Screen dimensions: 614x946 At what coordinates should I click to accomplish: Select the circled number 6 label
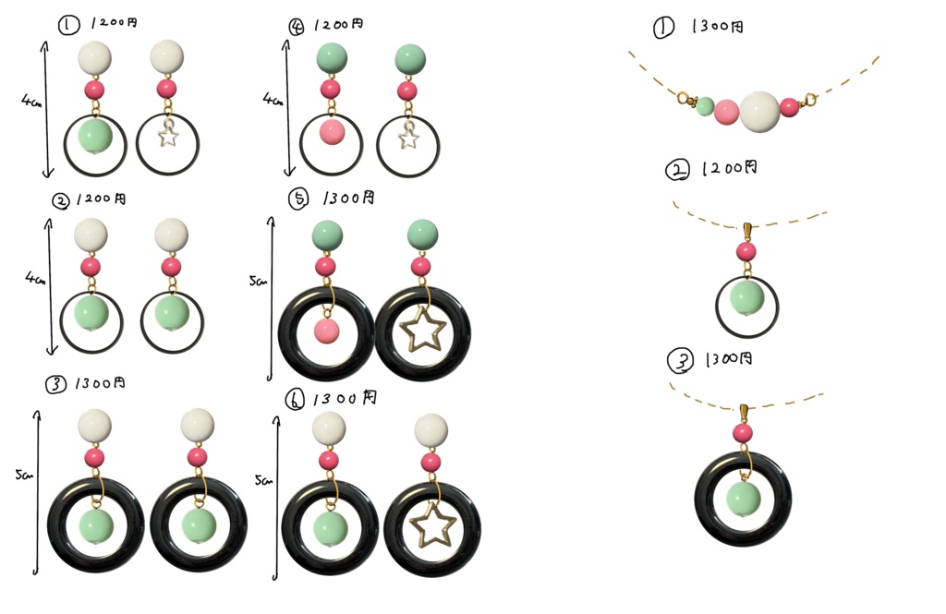293,400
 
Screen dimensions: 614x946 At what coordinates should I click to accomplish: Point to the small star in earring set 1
167,137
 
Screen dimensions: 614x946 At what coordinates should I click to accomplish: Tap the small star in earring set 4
408,138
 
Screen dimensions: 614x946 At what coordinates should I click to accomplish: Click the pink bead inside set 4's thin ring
331,133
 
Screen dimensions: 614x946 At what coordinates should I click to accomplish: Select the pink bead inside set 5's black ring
325,331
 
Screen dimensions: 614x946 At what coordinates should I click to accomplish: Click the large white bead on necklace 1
759,111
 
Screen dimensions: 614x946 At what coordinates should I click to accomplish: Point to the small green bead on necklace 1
705,106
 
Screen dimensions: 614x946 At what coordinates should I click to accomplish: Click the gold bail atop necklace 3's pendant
743,412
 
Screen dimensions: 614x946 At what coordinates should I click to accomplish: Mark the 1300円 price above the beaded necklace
717,28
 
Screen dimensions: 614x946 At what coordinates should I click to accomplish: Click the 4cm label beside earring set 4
272,98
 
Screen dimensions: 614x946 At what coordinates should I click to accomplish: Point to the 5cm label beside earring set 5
258,282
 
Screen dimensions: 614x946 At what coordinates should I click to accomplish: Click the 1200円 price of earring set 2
103,199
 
